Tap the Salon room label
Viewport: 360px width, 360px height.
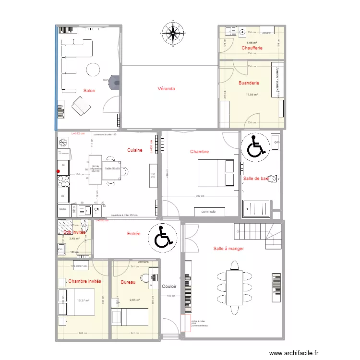click(89, 90)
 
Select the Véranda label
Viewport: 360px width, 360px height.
click(166, 89)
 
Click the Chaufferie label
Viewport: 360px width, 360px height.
click(252, 48)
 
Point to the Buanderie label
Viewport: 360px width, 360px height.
click(249, 83)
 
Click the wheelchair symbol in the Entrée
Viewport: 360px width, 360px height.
click(162, 238)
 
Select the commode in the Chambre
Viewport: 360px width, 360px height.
click(208, 212)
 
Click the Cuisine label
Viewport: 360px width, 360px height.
click(134, 150)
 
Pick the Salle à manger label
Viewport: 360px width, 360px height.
click(229, 249)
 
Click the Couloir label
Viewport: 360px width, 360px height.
click(169, 287)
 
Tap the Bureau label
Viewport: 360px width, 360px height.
click(128, 282)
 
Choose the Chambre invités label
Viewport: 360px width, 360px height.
click(84, 281)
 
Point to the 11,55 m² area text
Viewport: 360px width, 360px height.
click(252, 95)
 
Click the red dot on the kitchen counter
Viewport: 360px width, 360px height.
click(58, 171)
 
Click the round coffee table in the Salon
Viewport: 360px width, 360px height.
click(93, 68)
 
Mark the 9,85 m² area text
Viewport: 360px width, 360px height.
click(134, 300)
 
